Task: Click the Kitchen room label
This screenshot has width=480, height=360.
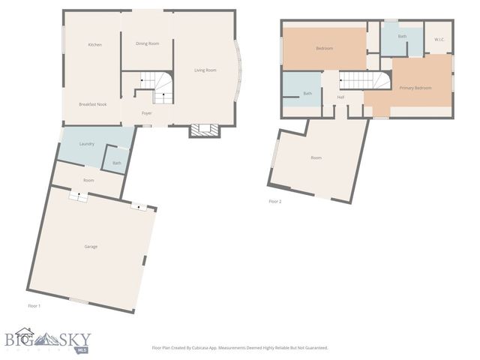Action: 94,45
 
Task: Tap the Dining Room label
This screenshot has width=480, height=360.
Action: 147,43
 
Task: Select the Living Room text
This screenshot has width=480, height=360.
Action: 205,70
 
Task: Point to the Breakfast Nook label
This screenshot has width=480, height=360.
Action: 93,104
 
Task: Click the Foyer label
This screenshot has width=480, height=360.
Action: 147,113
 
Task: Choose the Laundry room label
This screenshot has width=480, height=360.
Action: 86,142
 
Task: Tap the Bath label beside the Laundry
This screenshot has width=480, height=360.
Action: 116,163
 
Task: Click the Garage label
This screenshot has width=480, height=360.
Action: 91,246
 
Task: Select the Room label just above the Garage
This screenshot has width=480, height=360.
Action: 88,180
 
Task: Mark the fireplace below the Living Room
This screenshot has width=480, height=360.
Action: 204,130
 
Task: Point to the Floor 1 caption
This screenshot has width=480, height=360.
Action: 34,306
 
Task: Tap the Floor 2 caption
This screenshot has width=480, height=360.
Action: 275,201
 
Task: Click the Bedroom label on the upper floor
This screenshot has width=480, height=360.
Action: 324,48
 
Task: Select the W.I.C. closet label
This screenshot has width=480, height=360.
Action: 439,40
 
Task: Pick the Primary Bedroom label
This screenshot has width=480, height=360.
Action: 415,88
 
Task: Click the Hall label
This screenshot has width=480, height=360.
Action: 340,97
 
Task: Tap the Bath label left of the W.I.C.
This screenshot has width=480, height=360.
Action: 402,36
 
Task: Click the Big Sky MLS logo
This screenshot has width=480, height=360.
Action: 46,341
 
